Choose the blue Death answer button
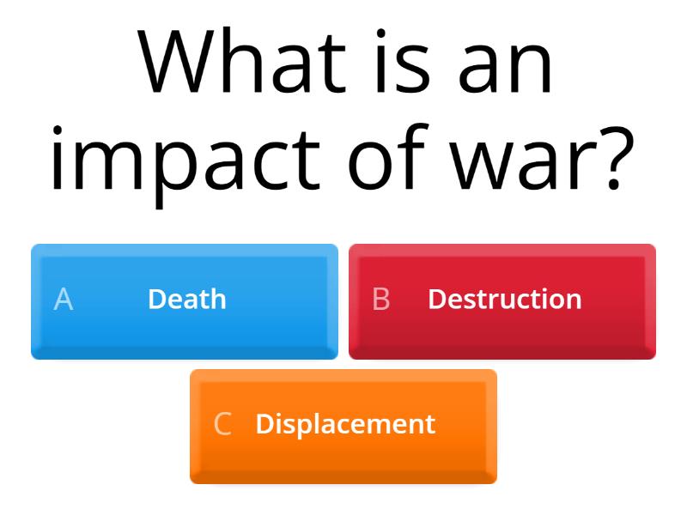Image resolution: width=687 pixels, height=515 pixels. point(185,300)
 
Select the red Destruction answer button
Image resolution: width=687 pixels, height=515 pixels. point(502,300)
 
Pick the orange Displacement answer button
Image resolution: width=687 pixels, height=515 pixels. point(343,426)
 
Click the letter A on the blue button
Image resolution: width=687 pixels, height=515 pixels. point(64,300)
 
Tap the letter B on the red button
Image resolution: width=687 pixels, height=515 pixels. point(381,300)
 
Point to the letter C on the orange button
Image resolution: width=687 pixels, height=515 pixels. point(222,424)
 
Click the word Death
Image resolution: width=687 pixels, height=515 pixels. point(187,300)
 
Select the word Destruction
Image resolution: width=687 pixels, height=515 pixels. point(504,300)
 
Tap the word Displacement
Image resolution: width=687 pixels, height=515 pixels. point(345,424)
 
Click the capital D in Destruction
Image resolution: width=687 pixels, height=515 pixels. point(435,300)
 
